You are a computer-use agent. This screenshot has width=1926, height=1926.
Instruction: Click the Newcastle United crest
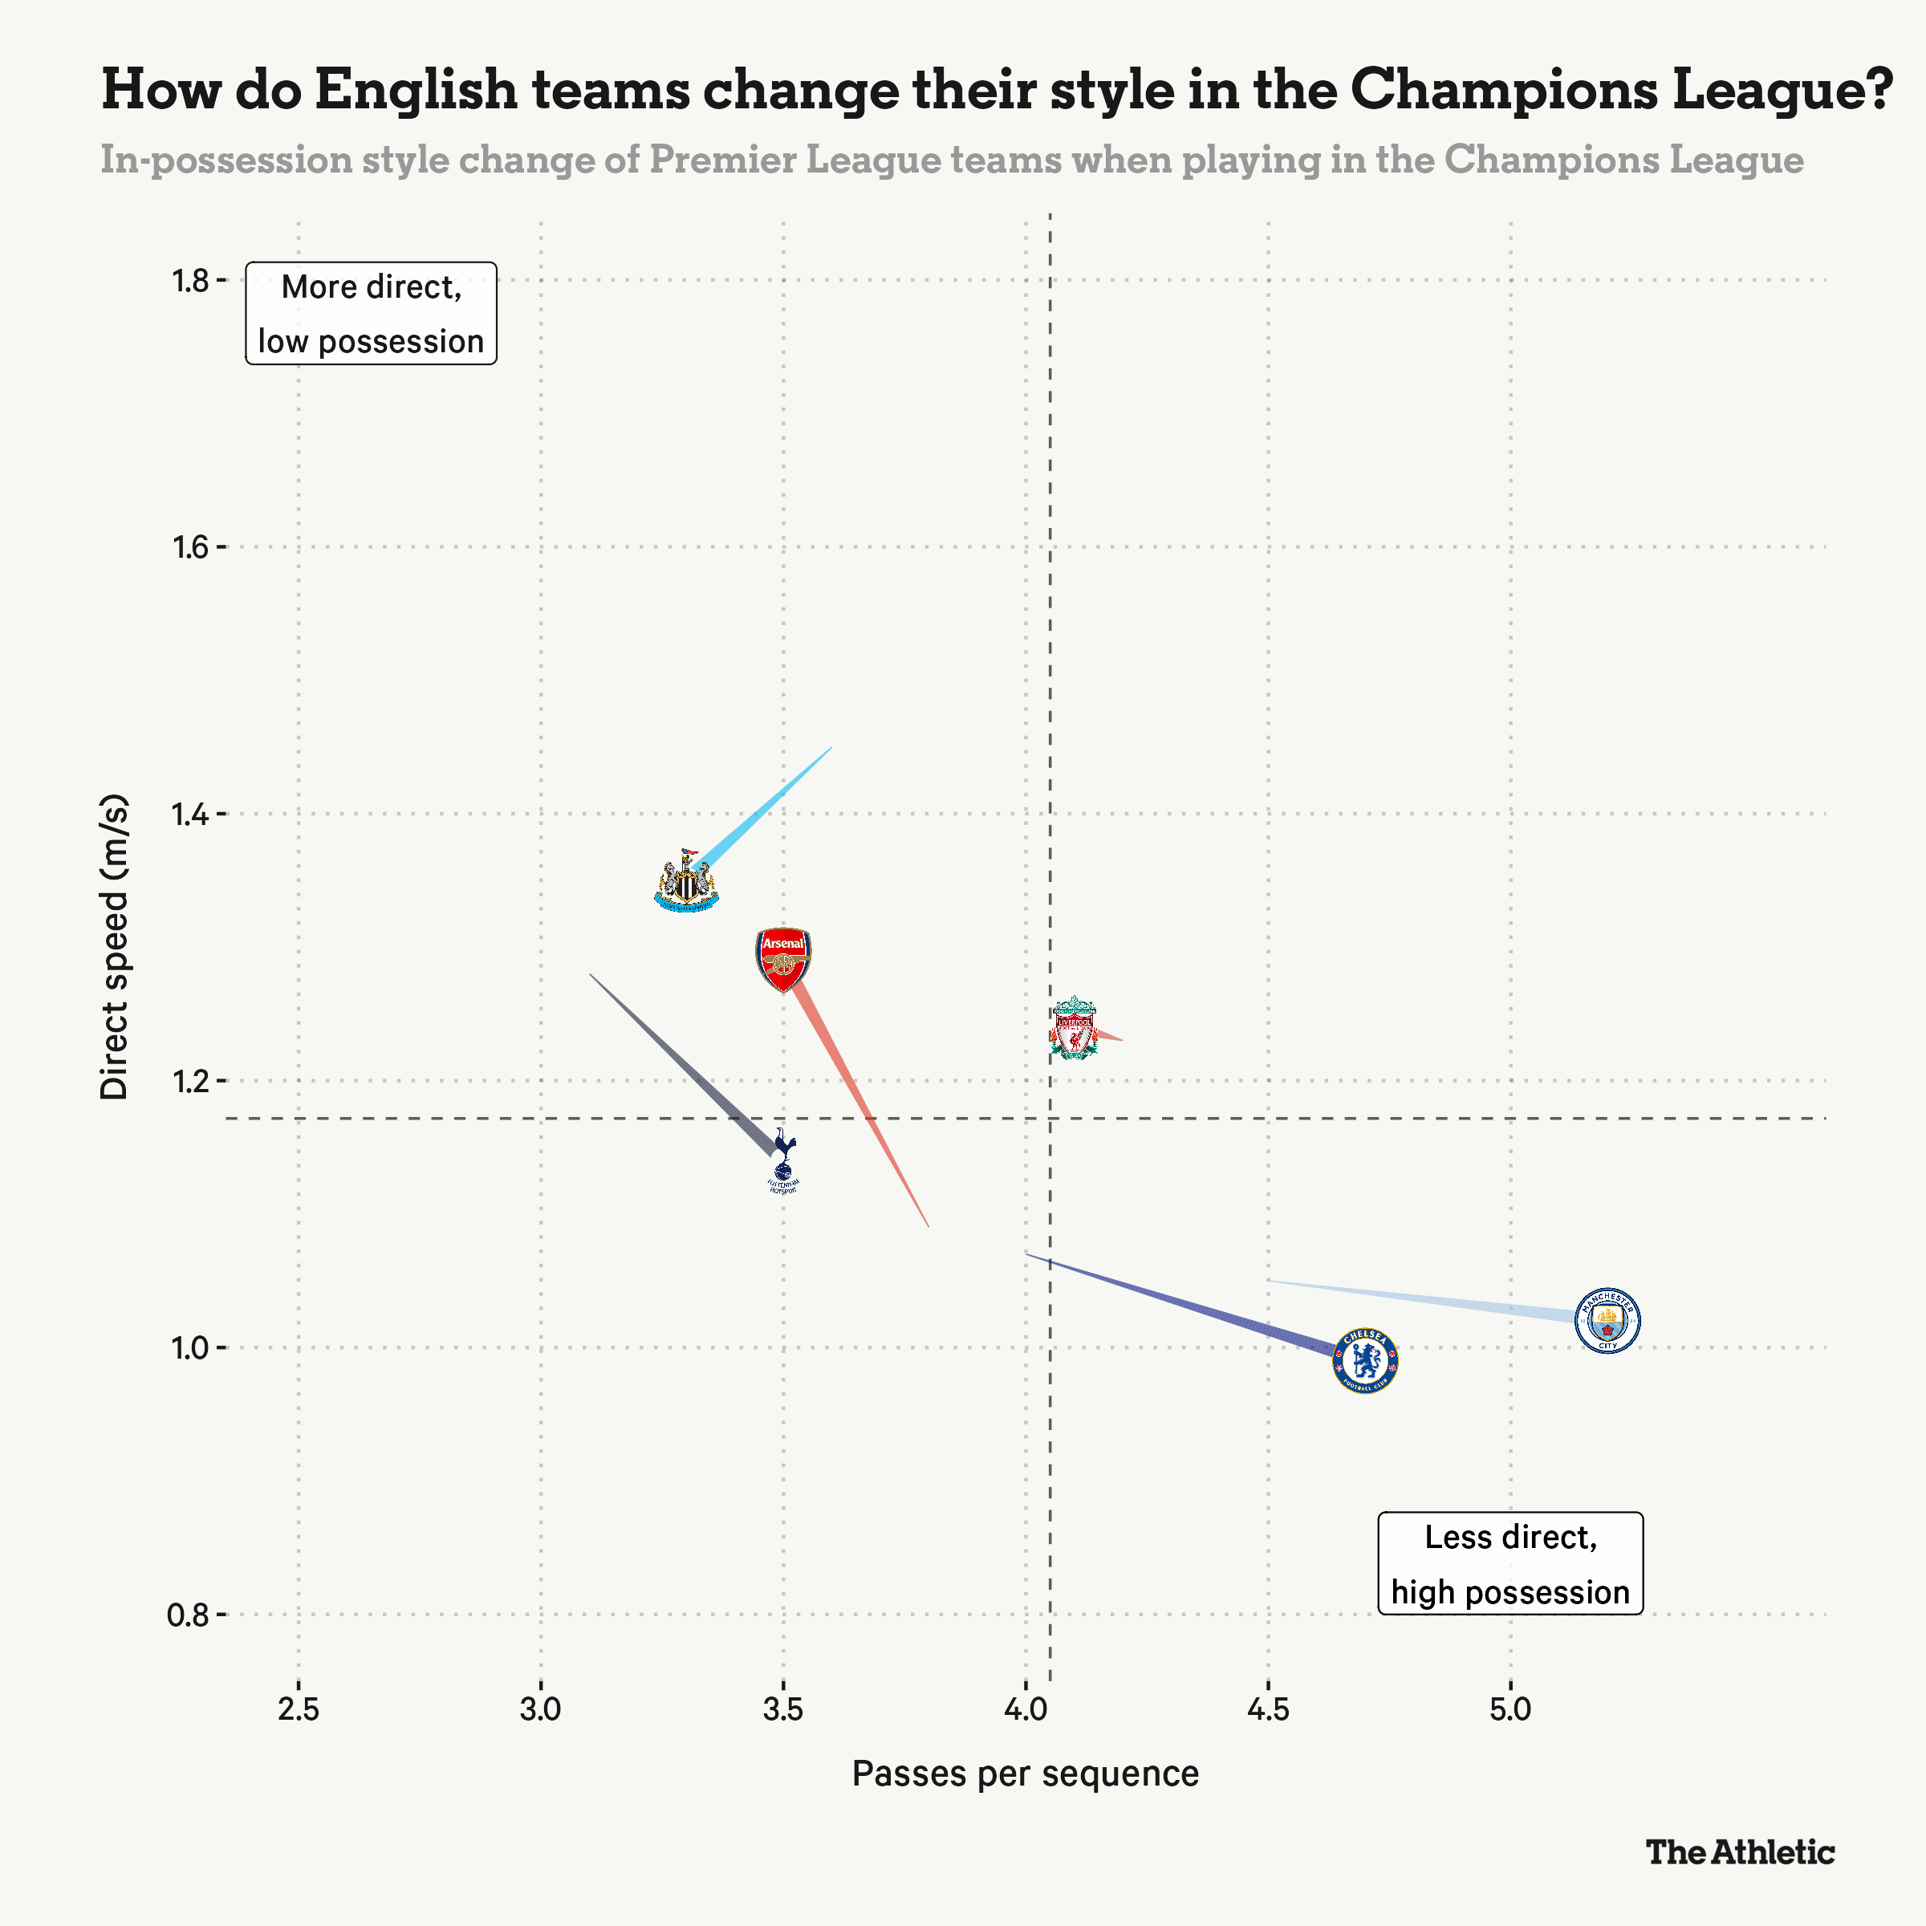point(686,882)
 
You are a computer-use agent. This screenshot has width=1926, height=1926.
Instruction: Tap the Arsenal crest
point(783,959)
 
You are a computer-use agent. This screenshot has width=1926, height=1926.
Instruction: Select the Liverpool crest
point(1074,1027)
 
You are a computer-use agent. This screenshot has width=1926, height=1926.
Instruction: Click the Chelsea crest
point(1366,1359)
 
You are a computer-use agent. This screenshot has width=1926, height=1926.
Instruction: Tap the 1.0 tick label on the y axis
point(190,1348)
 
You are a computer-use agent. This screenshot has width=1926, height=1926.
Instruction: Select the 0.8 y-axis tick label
point(190,1614)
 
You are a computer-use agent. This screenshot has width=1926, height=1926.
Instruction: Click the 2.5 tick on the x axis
point(298,1709)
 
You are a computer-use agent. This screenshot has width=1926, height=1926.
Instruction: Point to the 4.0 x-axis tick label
point(1026,1709)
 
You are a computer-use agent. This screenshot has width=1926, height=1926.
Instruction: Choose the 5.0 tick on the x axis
point(1510,1709)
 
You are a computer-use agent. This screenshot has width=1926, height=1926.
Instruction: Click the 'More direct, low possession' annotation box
point(371,313)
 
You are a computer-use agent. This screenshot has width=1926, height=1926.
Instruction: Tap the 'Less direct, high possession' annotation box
point(1510,1563)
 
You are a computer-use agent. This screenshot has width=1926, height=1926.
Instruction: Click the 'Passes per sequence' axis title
point(1026,1774)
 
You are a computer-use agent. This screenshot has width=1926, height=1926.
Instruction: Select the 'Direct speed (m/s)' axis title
point(115,947)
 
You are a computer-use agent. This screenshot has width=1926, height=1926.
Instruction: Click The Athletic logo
point(1740,1852)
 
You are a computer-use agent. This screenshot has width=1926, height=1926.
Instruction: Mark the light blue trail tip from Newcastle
point(831,748)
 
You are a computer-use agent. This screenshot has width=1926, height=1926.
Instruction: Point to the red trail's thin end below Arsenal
point(928,1225)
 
